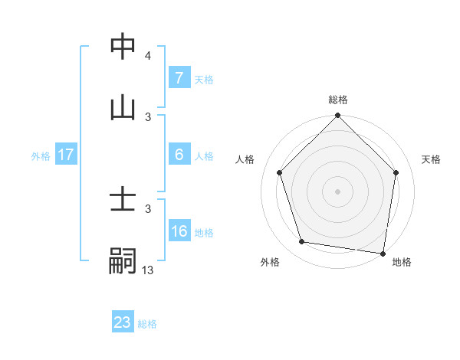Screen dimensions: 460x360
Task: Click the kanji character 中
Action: pyautogui.click(x=123, y=47)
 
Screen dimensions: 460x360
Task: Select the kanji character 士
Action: pyautogui.click(x=123, y=201)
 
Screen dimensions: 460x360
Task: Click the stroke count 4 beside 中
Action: pyautogui.click(x=148, y=56)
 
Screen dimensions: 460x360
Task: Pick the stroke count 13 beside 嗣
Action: pyautogui.click(x=148, y=270)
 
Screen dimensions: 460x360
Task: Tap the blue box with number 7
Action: pyautogui.click(x=179, y=78)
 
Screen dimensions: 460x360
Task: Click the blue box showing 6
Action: pyautogui.click(x=179, y=155)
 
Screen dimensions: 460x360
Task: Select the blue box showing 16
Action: pyautogui.click(x=179, y=231)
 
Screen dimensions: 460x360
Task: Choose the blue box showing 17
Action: pyautogui.click(x=65, y=155)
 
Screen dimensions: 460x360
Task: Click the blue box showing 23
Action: pyautogui.click(x=123, y=322)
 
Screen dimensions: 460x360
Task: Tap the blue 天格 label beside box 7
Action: pyautogui.click(x=203, y=80)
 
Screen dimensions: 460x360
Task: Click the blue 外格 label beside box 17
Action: pyautogui.click(x=41, y=156)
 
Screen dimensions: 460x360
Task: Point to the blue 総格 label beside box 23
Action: pyautogui.click(x=147, y=324)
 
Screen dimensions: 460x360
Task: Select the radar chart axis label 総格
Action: pyautogui.click(x=338, y=100)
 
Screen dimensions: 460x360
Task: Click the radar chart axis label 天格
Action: pyautogui.click(x=432, y=159)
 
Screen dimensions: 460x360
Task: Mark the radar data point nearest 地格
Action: pyautogui.click(x=383, y=252)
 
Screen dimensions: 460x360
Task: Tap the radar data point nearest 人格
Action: pyautogui.click(x=280, y=172)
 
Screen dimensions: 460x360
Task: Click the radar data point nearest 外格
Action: pyautogui.click(x=302, y=242)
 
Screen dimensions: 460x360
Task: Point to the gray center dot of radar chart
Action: pyautogui.click(x=338, y=191)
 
